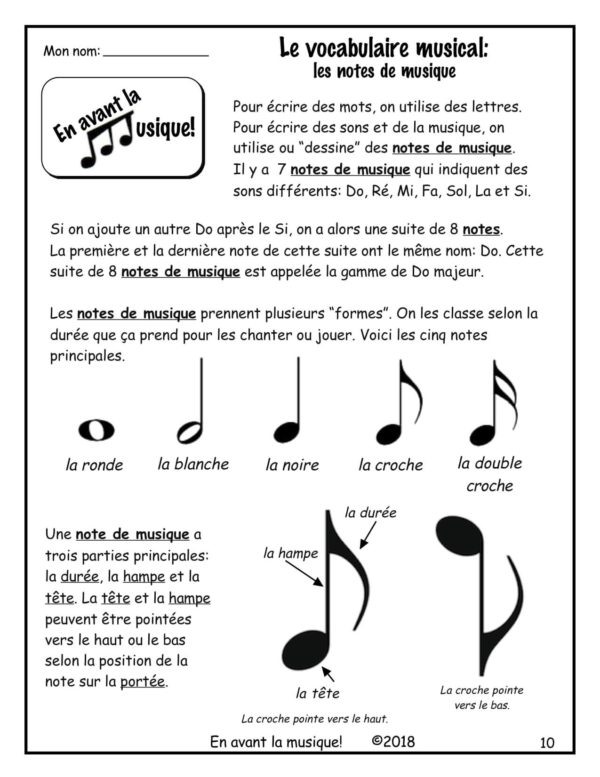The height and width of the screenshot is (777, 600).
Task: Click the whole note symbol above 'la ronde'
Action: pos(96,430)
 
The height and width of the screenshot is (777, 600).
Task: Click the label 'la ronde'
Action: pos(94,465)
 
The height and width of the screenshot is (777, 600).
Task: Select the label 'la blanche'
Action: pos(193,464)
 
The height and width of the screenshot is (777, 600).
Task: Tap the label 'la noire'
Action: pos(292,465)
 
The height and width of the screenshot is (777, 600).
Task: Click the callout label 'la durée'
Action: pos(370,512)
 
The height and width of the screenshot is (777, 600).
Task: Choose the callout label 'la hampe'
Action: pos(290,553)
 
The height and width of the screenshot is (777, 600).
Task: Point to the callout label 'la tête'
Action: pos(317,693)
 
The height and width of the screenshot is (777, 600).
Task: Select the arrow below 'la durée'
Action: pos(368,536)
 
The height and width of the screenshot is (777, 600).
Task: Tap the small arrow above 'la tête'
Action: pos(328,674)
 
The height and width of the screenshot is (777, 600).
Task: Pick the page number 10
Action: pos(547,743)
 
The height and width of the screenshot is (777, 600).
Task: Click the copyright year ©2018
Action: pos(393,742)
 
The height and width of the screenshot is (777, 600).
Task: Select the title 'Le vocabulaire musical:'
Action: pos(384,48)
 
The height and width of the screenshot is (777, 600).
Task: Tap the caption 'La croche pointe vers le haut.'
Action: pos(314,719)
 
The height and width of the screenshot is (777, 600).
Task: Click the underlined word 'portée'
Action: pos(143,681)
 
